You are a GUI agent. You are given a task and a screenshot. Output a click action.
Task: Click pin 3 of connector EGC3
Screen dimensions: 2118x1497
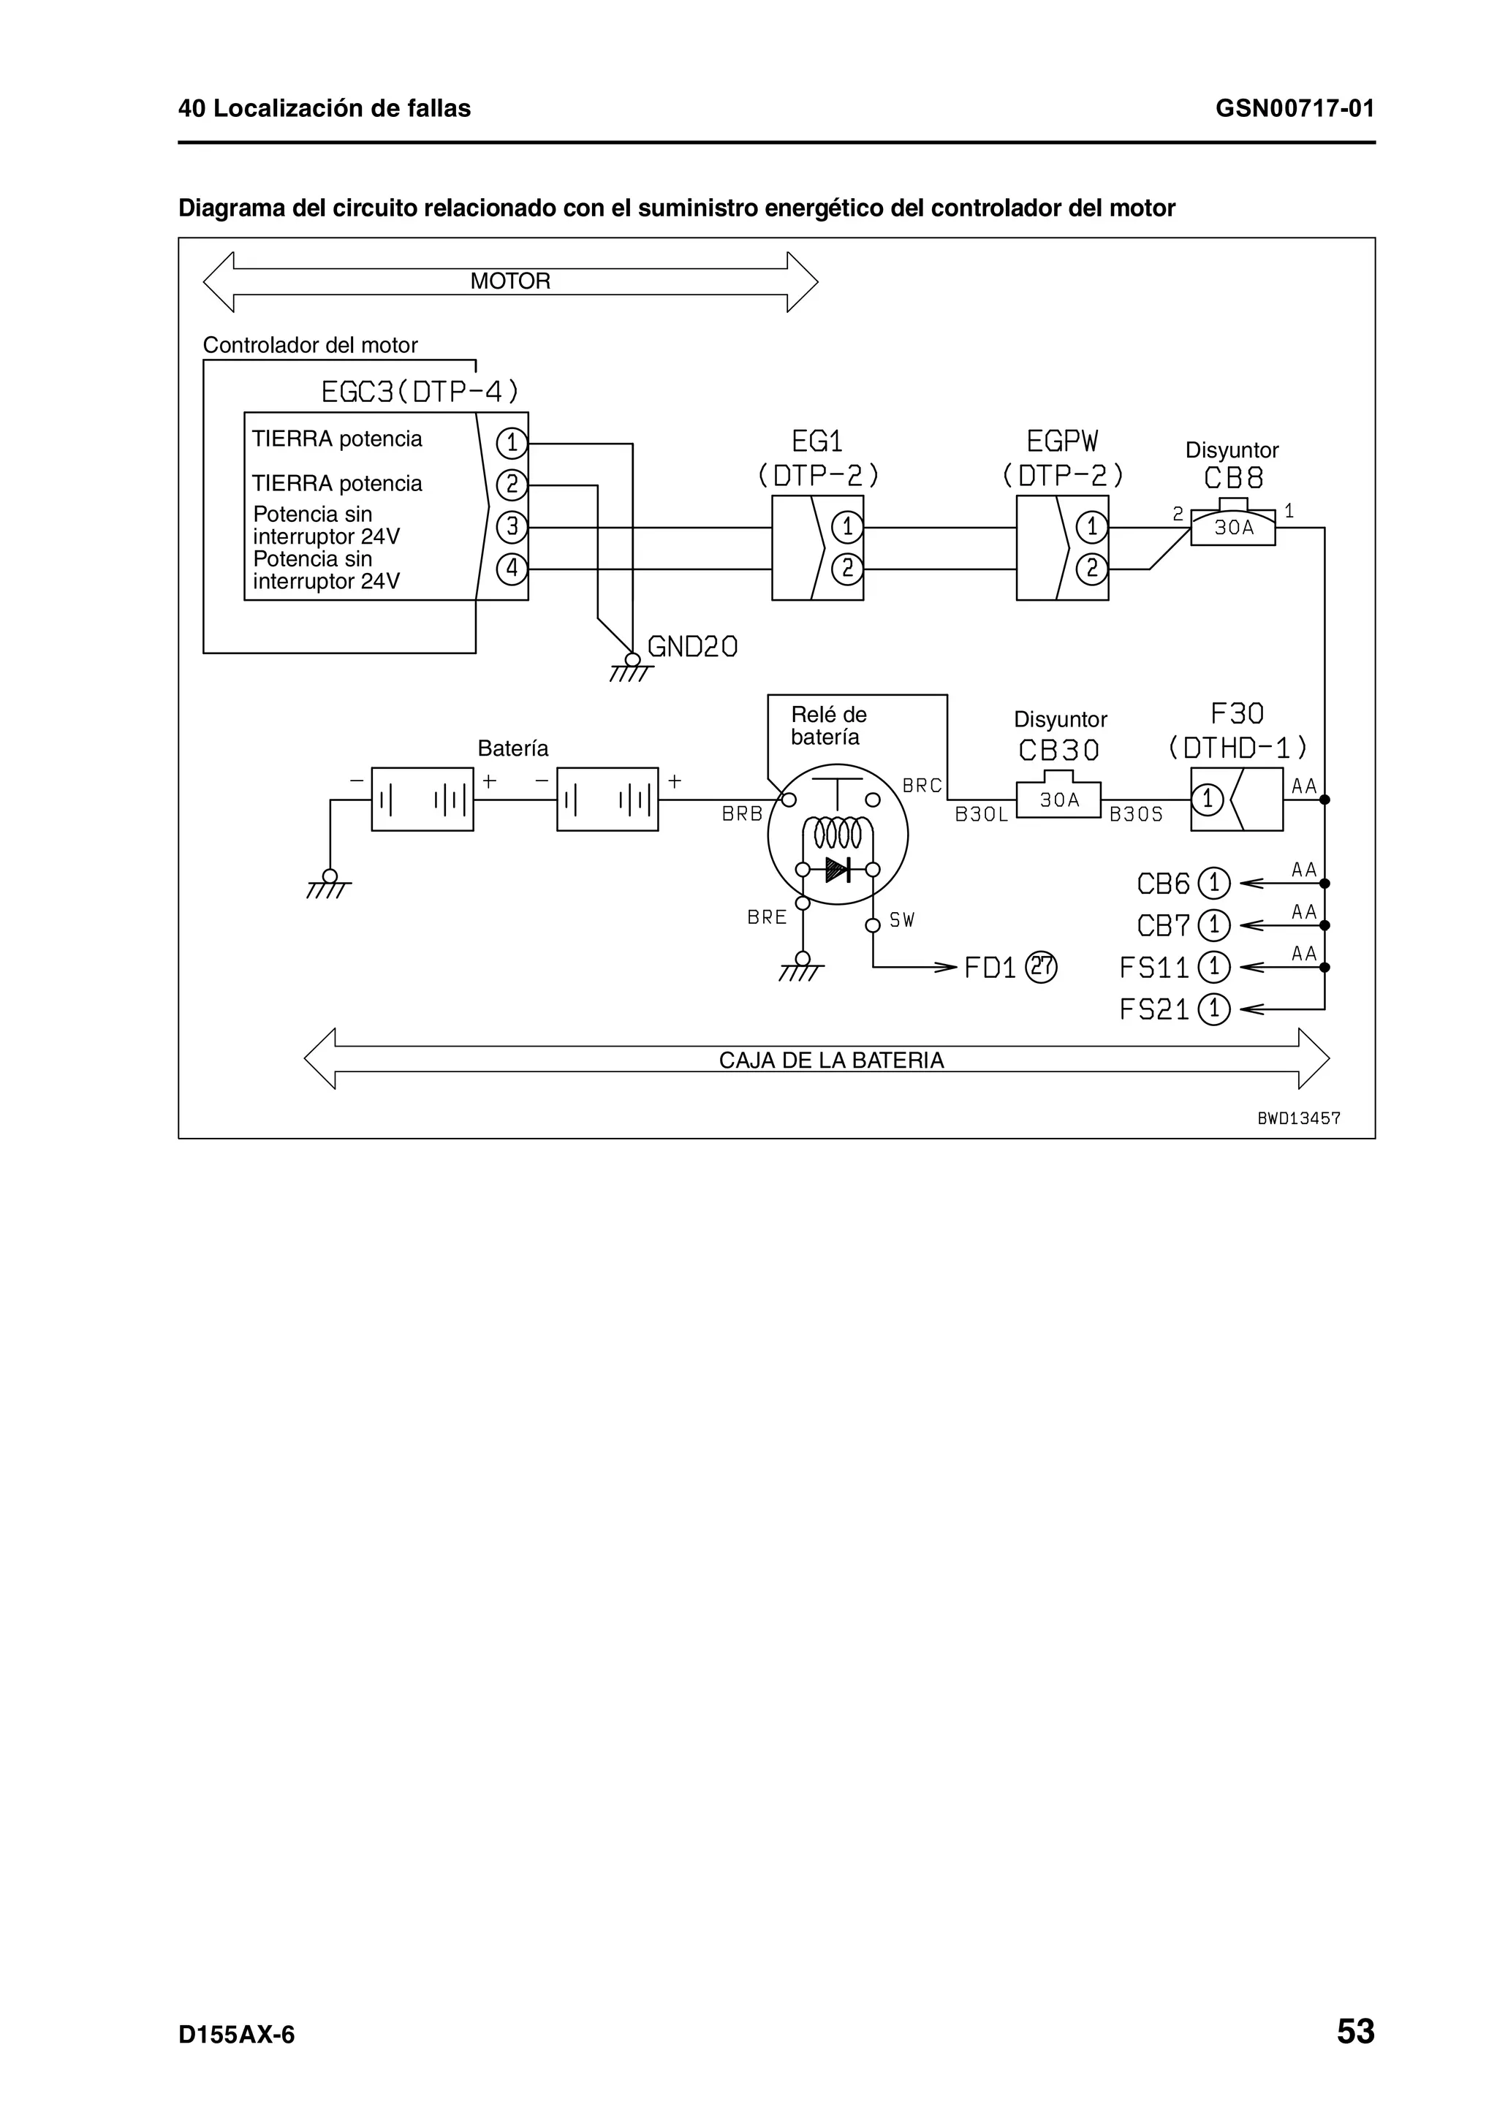pos(511,528)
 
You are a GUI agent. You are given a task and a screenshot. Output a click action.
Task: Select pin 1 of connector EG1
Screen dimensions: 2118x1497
pos(846,528)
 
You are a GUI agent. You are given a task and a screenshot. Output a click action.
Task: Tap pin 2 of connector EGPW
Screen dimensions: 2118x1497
pos(1091,569)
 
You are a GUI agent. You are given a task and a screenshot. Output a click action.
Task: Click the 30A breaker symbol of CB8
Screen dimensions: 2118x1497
pos(1232,527)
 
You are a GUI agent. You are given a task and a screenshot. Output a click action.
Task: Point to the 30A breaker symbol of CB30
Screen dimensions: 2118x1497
pos(1059,799)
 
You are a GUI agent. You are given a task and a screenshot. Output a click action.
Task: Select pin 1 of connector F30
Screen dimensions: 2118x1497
pos(1208,799)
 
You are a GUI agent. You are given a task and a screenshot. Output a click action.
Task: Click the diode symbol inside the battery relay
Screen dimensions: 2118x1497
pos(838,869)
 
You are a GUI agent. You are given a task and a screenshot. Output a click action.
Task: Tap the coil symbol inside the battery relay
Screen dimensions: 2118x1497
pos(838,833)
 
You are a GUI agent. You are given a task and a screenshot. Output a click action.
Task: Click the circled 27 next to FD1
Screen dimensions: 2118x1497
pos(1042,967)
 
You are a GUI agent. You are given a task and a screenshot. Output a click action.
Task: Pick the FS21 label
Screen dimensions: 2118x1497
pos(1154,1009)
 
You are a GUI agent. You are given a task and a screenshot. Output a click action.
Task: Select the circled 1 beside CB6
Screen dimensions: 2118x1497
pos(1214,884)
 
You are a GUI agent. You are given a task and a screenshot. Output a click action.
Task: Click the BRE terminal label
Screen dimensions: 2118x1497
pos(767,918)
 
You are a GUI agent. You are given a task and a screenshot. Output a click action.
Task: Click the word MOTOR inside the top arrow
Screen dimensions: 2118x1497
pos(510,281)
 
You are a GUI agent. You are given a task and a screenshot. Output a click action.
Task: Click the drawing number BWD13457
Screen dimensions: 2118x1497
pos(1299,1118)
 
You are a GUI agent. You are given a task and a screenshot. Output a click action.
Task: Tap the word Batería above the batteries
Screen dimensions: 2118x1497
pos(513,748)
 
